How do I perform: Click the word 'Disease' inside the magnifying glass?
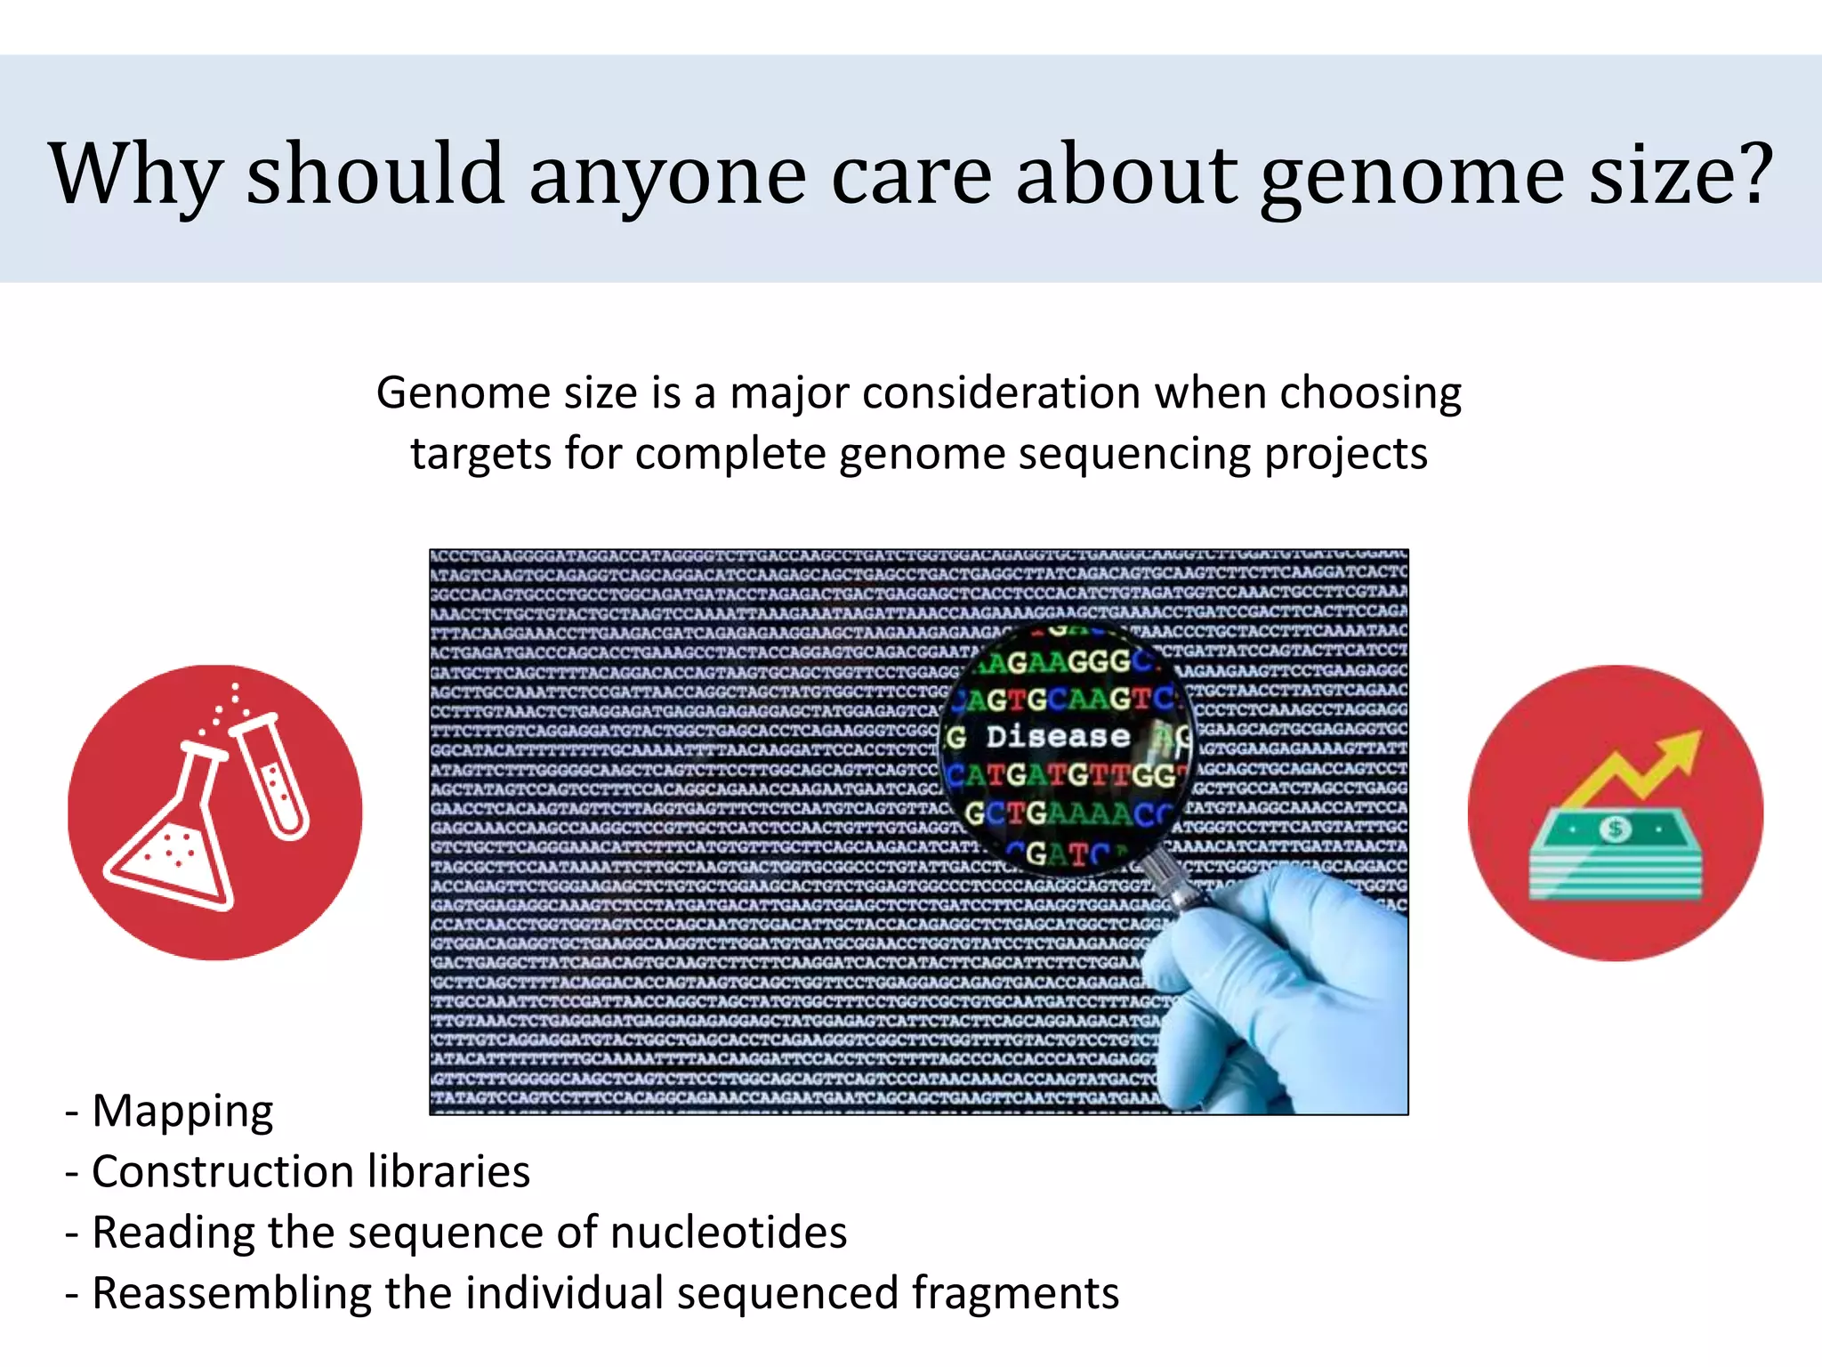1057,737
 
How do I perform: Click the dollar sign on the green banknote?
1616,829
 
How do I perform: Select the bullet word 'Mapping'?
182,1112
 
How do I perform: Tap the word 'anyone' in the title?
667,174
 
